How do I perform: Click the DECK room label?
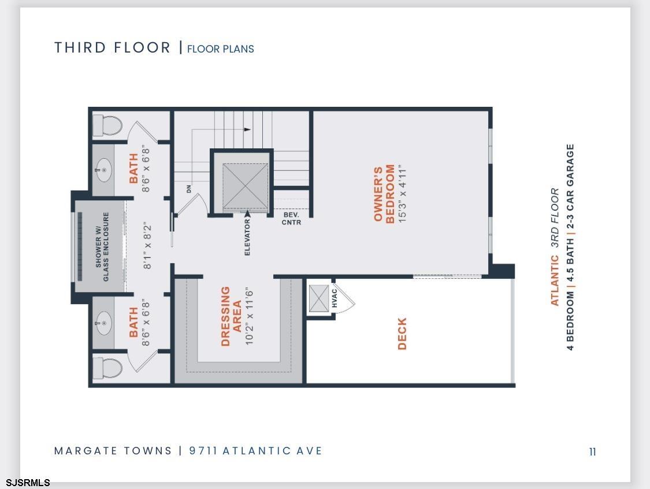(402, 334)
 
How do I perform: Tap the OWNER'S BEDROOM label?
(384, 194)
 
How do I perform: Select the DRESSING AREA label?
(231, 316)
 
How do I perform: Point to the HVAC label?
(334, 298)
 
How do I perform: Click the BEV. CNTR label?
(291, 219)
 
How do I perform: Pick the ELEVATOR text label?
(247, 237)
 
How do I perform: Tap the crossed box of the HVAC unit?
(319, 298)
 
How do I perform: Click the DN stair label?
(189, 189)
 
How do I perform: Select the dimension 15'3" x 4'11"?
(402, 194)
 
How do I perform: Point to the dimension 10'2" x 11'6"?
(248, 316)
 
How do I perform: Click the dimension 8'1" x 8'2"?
(147, 247)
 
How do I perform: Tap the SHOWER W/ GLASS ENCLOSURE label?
(102, 247)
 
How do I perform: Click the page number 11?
(592, 451)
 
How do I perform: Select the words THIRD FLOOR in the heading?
(112, 47)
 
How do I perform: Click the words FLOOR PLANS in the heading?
(221, 49)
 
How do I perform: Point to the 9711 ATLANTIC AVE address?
(255, 450)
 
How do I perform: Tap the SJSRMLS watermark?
(28, 483)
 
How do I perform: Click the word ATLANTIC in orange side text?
(554, 281)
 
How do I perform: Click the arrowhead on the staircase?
(247, 129)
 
